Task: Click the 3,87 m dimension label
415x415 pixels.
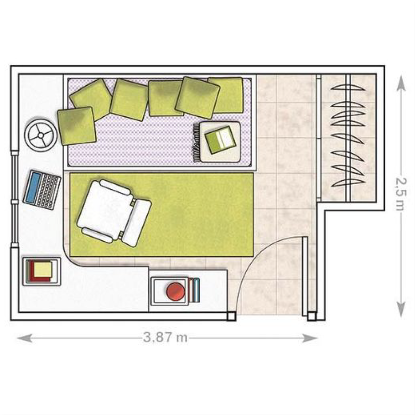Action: coord(166,337)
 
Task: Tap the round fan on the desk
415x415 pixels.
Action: coord(41,135)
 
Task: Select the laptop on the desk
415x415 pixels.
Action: coord(42,190)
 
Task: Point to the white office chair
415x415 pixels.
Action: coord(114,213)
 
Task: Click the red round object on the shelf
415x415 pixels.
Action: coord(176,291)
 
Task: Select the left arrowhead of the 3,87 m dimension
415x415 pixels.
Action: coord(24,338)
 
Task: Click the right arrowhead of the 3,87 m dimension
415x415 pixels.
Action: coord(310,338)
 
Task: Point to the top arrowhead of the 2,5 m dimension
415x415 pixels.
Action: coord(401,83)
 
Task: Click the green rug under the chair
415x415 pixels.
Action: coord(161,215)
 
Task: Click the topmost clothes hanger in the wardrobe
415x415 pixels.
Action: coord(348,88)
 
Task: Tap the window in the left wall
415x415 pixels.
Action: coord(14,200)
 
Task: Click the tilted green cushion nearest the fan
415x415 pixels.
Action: coord(77,126)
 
